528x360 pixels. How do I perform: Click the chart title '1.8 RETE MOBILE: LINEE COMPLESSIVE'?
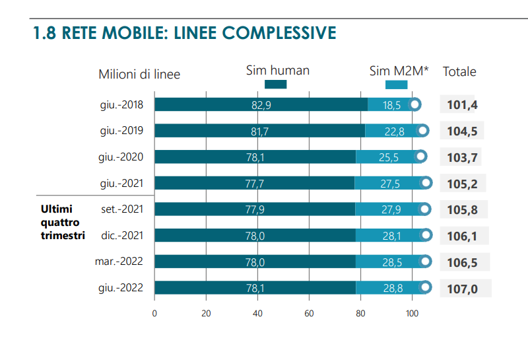pyautogui.click(x=185, y=33)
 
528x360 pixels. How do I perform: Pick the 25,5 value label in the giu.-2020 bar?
pyautogui.click(x=389, y=157)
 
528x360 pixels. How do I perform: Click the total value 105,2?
pyautogui.click(x=462, y=183)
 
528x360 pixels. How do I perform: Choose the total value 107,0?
pyautogui.click(x=462, y=288)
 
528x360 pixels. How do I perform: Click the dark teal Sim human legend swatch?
pyautogui.click(x=275, y=84)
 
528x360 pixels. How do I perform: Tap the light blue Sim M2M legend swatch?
pyautogui.click(x=396, y=84)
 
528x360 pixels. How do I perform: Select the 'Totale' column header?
pyautogui.click(x=459, y=72)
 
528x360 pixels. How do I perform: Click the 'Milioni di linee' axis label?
pyautogui.click(x=139, y=74)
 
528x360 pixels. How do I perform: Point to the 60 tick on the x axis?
pyautogui.click(x=309, y=314)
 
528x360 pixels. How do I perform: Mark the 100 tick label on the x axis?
pyautogui.click(x=412, y=314)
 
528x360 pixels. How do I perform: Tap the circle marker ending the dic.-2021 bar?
pyautogui.click(x=426, y=235)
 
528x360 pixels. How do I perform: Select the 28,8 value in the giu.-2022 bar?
pyautogui.click(x=392, y=288)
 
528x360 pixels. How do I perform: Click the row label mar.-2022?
pyautogui.click(x=119, y=262)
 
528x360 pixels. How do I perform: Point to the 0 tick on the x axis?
pyautogui.click(x=154, y=314)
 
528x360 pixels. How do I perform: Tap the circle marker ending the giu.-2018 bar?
pyautogui.click(x=415, y=104)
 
